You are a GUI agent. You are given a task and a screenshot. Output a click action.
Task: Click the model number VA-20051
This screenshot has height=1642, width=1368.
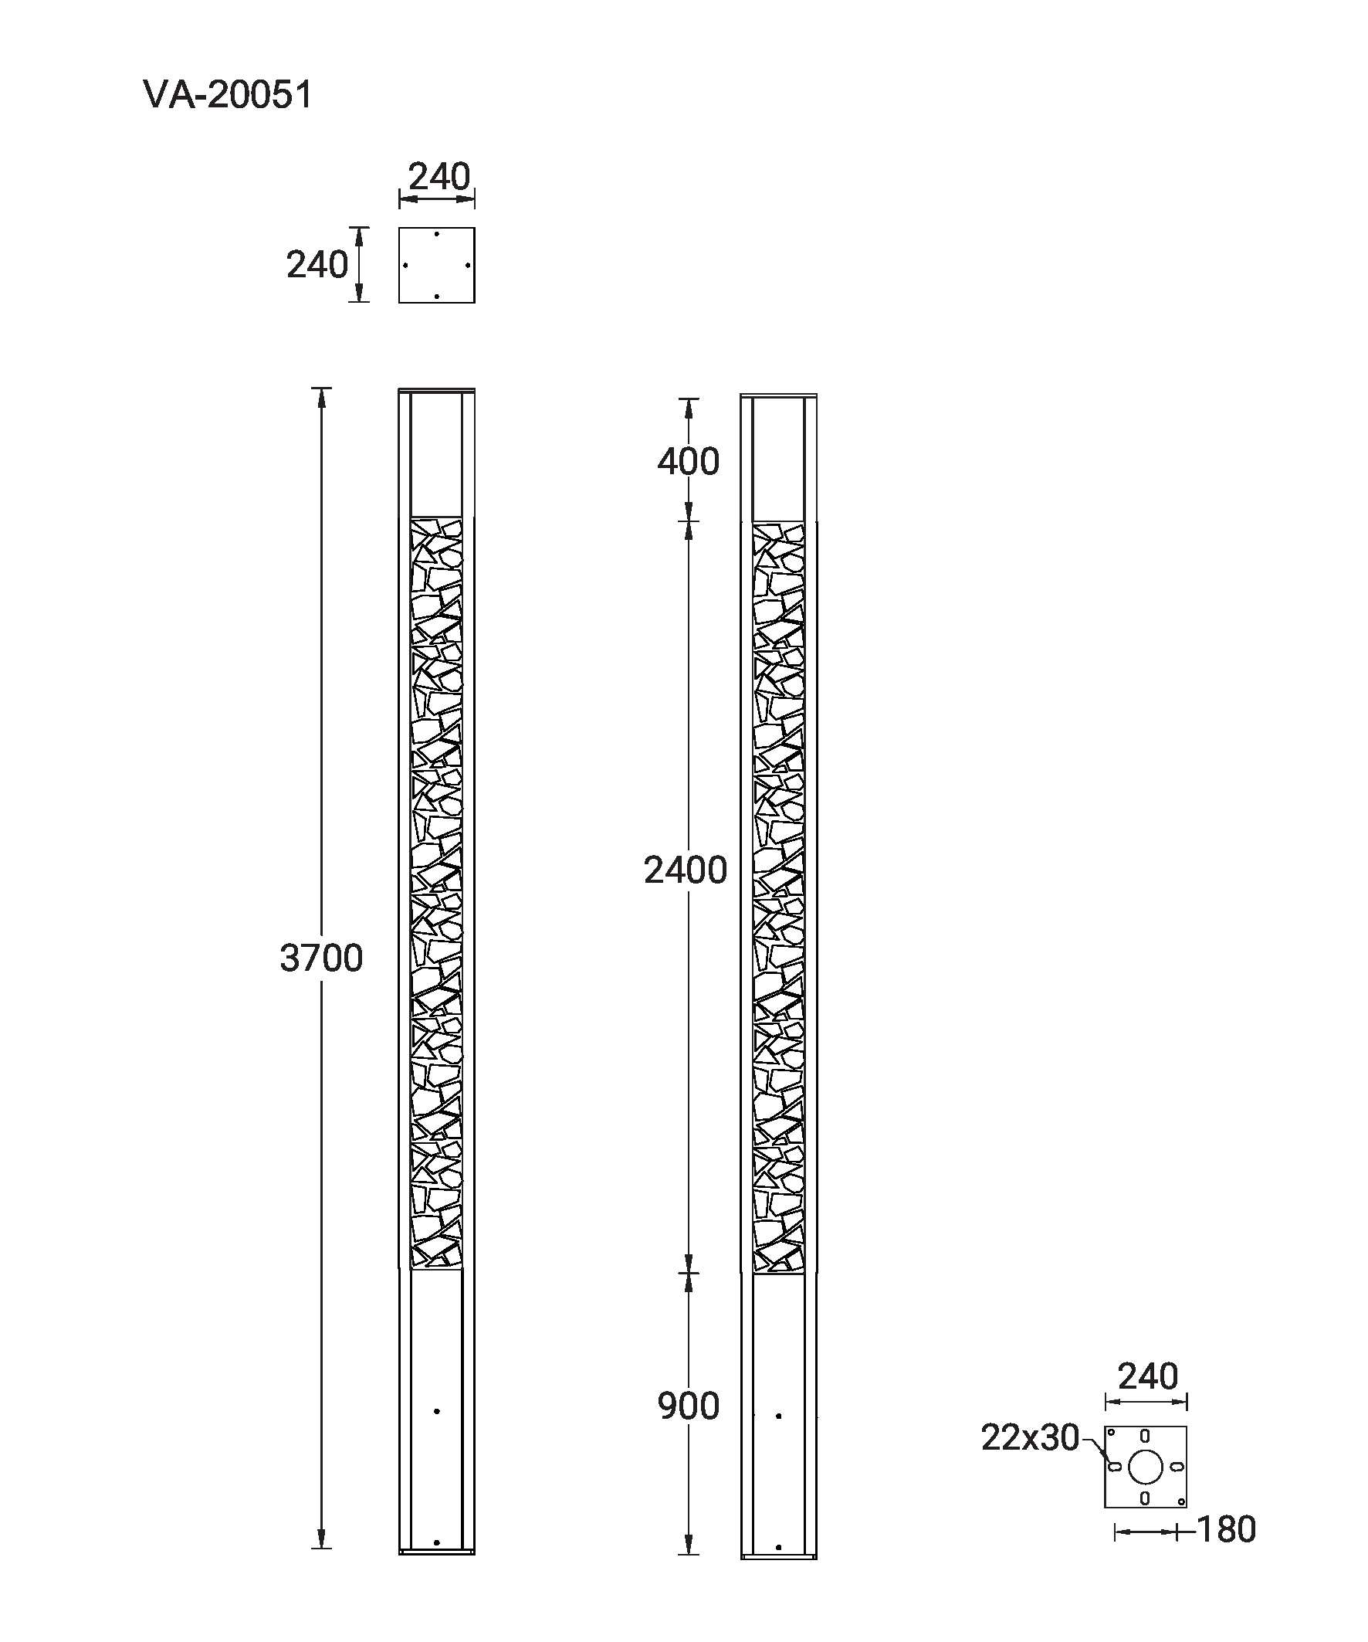[229, 94]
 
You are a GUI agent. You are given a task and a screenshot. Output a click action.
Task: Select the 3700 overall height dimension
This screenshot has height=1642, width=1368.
[321, 958]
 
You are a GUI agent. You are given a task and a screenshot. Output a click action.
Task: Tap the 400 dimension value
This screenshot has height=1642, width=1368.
[688, 461]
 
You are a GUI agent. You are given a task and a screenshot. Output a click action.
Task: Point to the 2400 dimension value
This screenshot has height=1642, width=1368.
[686, 870]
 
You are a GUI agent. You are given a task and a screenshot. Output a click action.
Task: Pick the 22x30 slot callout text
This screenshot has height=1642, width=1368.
[1031, 1437]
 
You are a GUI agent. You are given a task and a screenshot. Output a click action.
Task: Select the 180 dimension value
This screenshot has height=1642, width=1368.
[1227, 1529]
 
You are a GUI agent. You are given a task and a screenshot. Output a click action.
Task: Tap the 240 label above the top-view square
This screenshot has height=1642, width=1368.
[439, 177]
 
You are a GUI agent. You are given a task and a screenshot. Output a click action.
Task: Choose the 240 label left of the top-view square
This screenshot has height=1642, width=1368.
[317, 265]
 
